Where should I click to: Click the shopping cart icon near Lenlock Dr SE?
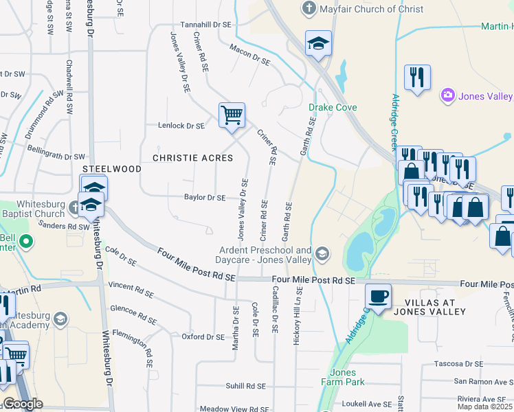coord(232,114)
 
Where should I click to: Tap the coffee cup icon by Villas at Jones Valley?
coord(378,297)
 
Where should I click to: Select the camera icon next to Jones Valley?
coord(447,94)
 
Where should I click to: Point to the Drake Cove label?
coord(333,108)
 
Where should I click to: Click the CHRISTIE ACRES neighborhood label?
coord(192,158)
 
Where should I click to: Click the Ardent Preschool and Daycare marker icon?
coord(321,255)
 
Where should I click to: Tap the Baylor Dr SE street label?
coord(205,198)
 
